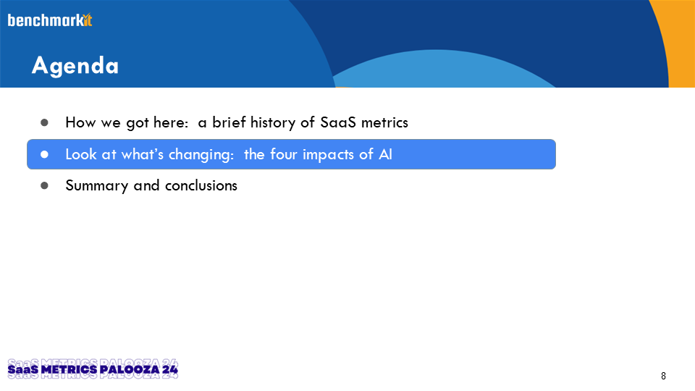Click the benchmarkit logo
(x=50, y=20)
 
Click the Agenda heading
(x=75, y=66)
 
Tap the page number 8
(x=663, y=376)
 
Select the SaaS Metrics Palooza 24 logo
(x=93, y=369)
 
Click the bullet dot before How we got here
(x=44, y=122)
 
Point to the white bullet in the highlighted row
(x=44, y=154)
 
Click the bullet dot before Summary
(x=44, y=185)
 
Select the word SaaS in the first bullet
(x=338, y=122)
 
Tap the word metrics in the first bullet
(x=384, y=123)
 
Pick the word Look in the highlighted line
(x=81, y=154)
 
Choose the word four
(x=283, y=154)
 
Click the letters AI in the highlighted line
(x=385, y=154)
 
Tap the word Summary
(x=97, y=186)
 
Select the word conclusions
(x=201, y=185)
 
